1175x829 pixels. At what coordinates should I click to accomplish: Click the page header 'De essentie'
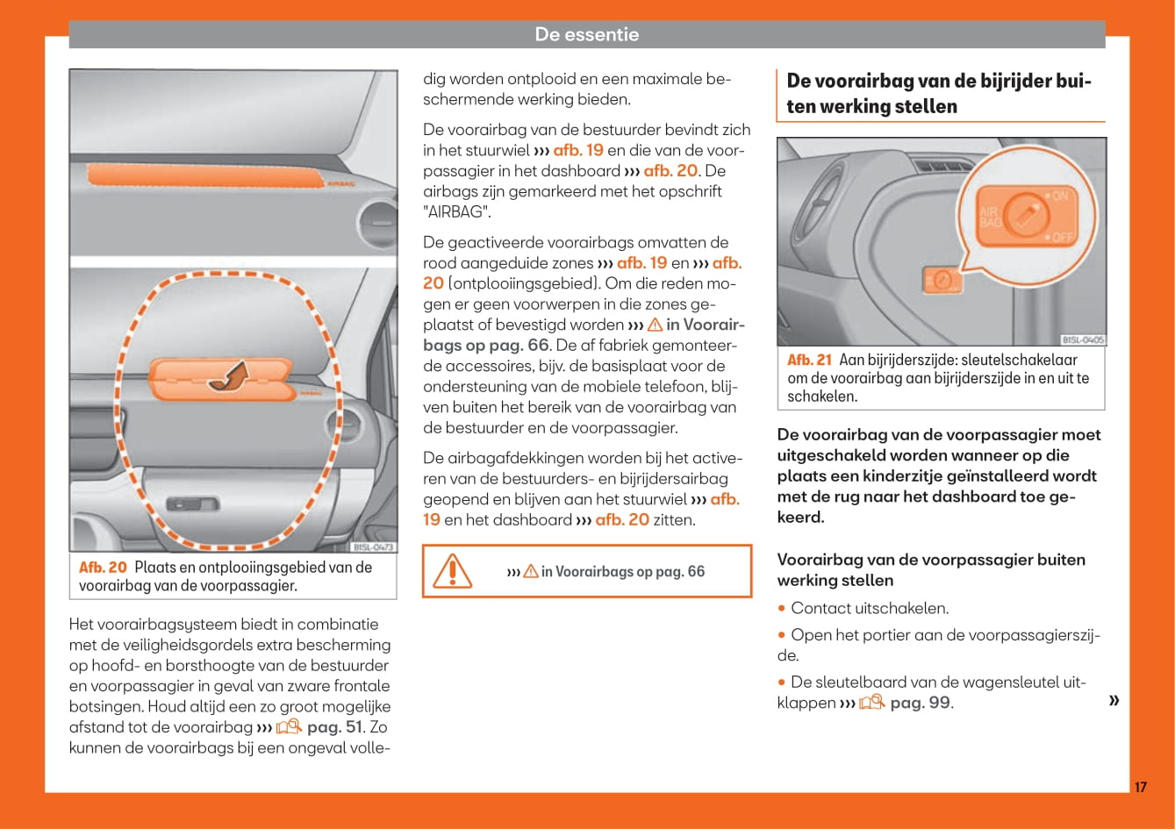[586, 35]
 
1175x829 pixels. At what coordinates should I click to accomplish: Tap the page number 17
[1140, 787]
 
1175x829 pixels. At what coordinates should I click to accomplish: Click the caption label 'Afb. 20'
[103, 568]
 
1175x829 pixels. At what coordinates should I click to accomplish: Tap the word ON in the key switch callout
[1059, 197]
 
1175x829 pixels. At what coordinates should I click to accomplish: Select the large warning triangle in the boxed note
[453, 571]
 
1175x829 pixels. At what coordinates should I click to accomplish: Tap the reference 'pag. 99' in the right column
[920, 703]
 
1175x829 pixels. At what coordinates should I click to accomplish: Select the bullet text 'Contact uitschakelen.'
[870, 608]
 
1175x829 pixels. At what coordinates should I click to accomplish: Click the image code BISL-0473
[374, 547]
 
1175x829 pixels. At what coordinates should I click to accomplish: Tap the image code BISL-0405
[1082, 339]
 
